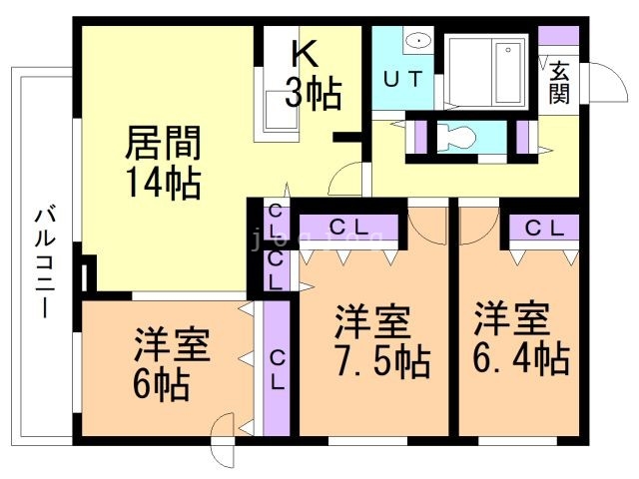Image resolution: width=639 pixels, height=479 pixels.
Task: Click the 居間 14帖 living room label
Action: [163, 162]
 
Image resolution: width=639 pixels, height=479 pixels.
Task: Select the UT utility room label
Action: [402, 79]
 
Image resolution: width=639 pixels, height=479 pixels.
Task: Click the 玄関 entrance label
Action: [559, 83]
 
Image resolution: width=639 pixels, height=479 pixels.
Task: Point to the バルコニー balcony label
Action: [45, 261]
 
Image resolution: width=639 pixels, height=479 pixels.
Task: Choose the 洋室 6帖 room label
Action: [171, 363]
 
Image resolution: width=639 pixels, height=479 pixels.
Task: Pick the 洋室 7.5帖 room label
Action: [382, 340]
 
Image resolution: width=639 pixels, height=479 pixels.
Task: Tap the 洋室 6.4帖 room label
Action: [521, 337]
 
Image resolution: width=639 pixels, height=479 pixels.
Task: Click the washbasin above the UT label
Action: [418, 41]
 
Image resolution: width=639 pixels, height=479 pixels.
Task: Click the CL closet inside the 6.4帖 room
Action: [544, 229]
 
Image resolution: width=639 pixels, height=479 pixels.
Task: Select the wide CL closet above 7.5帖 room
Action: [348, 228]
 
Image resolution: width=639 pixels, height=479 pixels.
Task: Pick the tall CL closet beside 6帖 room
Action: [277, 368]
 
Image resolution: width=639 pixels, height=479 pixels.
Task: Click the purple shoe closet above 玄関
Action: [559, 36]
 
